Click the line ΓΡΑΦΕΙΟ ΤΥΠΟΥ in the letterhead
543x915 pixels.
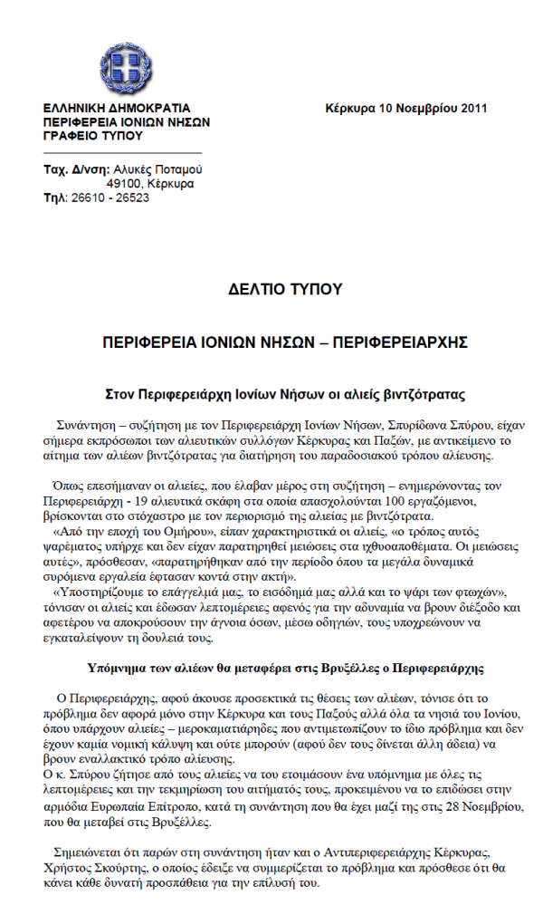tap(93, 135)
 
